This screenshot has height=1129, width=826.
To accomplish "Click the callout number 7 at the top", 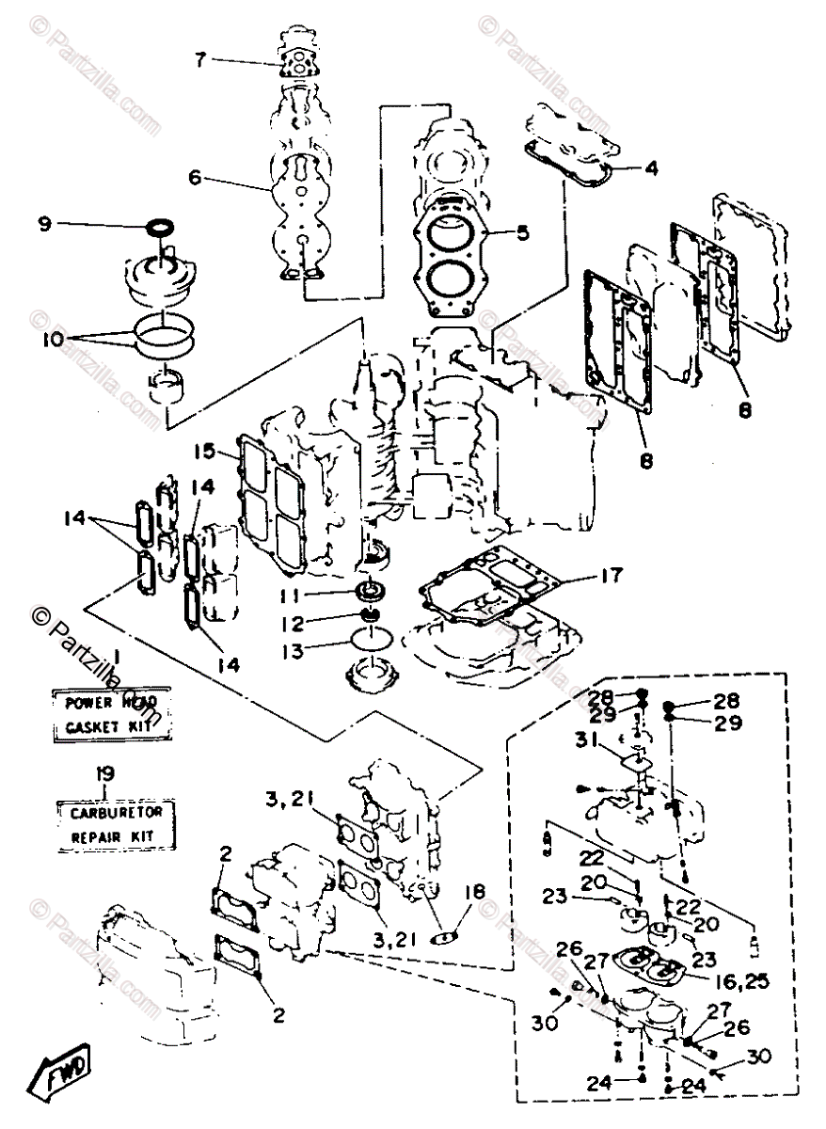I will [x=199, y=60].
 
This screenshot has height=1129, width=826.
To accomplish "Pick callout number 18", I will [x=482, y=890].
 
